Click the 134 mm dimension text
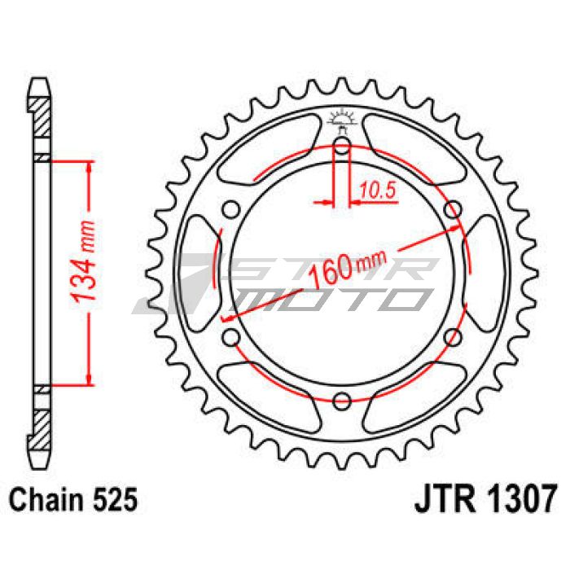[83, 262]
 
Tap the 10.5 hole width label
[377, 190]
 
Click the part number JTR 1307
[485, 498]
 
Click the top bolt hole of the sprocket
[341, 146]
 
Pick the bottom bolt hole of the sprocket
[341, 401]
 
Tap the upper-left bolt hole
[230, 210]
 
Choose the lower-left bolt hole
[230, 337]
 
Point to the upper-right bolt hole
[453, 210]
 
